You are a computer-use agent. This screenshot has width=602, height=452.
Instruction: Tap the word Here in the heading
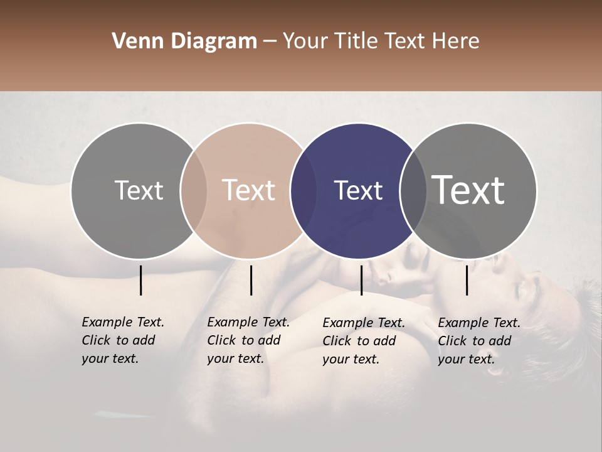click(455, 41)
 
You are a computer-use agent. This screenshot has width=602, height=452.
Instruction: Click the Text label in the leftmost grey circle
click(139, 190)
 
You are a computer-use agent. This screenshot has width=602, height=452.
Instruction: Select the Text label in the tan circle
click(249, 190)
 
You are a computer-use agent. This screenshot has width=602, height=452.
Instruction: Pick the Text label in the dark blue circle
click(358, 190)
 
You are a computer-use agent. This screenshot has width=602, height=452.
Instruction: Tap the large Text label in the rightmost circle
click(468, 190)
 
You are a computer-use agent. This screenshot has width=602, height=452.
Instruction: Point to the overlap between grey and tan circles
click(194, 190)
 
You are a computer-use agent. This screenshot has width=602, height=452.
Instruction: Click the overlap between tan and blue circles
click(304, 190)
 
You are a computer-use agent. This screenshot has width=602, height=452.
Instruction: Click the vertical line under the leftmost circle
click(141, 280)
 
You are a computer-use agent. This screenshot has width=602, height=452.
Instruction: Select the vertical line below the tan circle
click(251, 280)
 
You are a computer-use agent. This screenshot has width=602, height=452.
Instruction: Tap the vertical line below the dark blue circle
click(362, 280)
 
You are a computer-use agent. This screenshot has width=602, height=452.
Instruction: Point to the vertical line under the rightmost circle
click(467, 280)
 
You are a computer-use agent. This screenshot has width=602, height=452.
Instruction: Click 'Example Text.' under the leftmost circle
click(123, 322)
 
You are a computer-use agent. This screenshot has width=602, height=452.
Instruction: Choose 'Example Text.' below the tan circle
click(248, 322)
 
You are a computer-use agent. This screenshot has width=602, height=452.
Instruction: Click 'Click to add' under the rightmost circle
click(475, 341)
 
